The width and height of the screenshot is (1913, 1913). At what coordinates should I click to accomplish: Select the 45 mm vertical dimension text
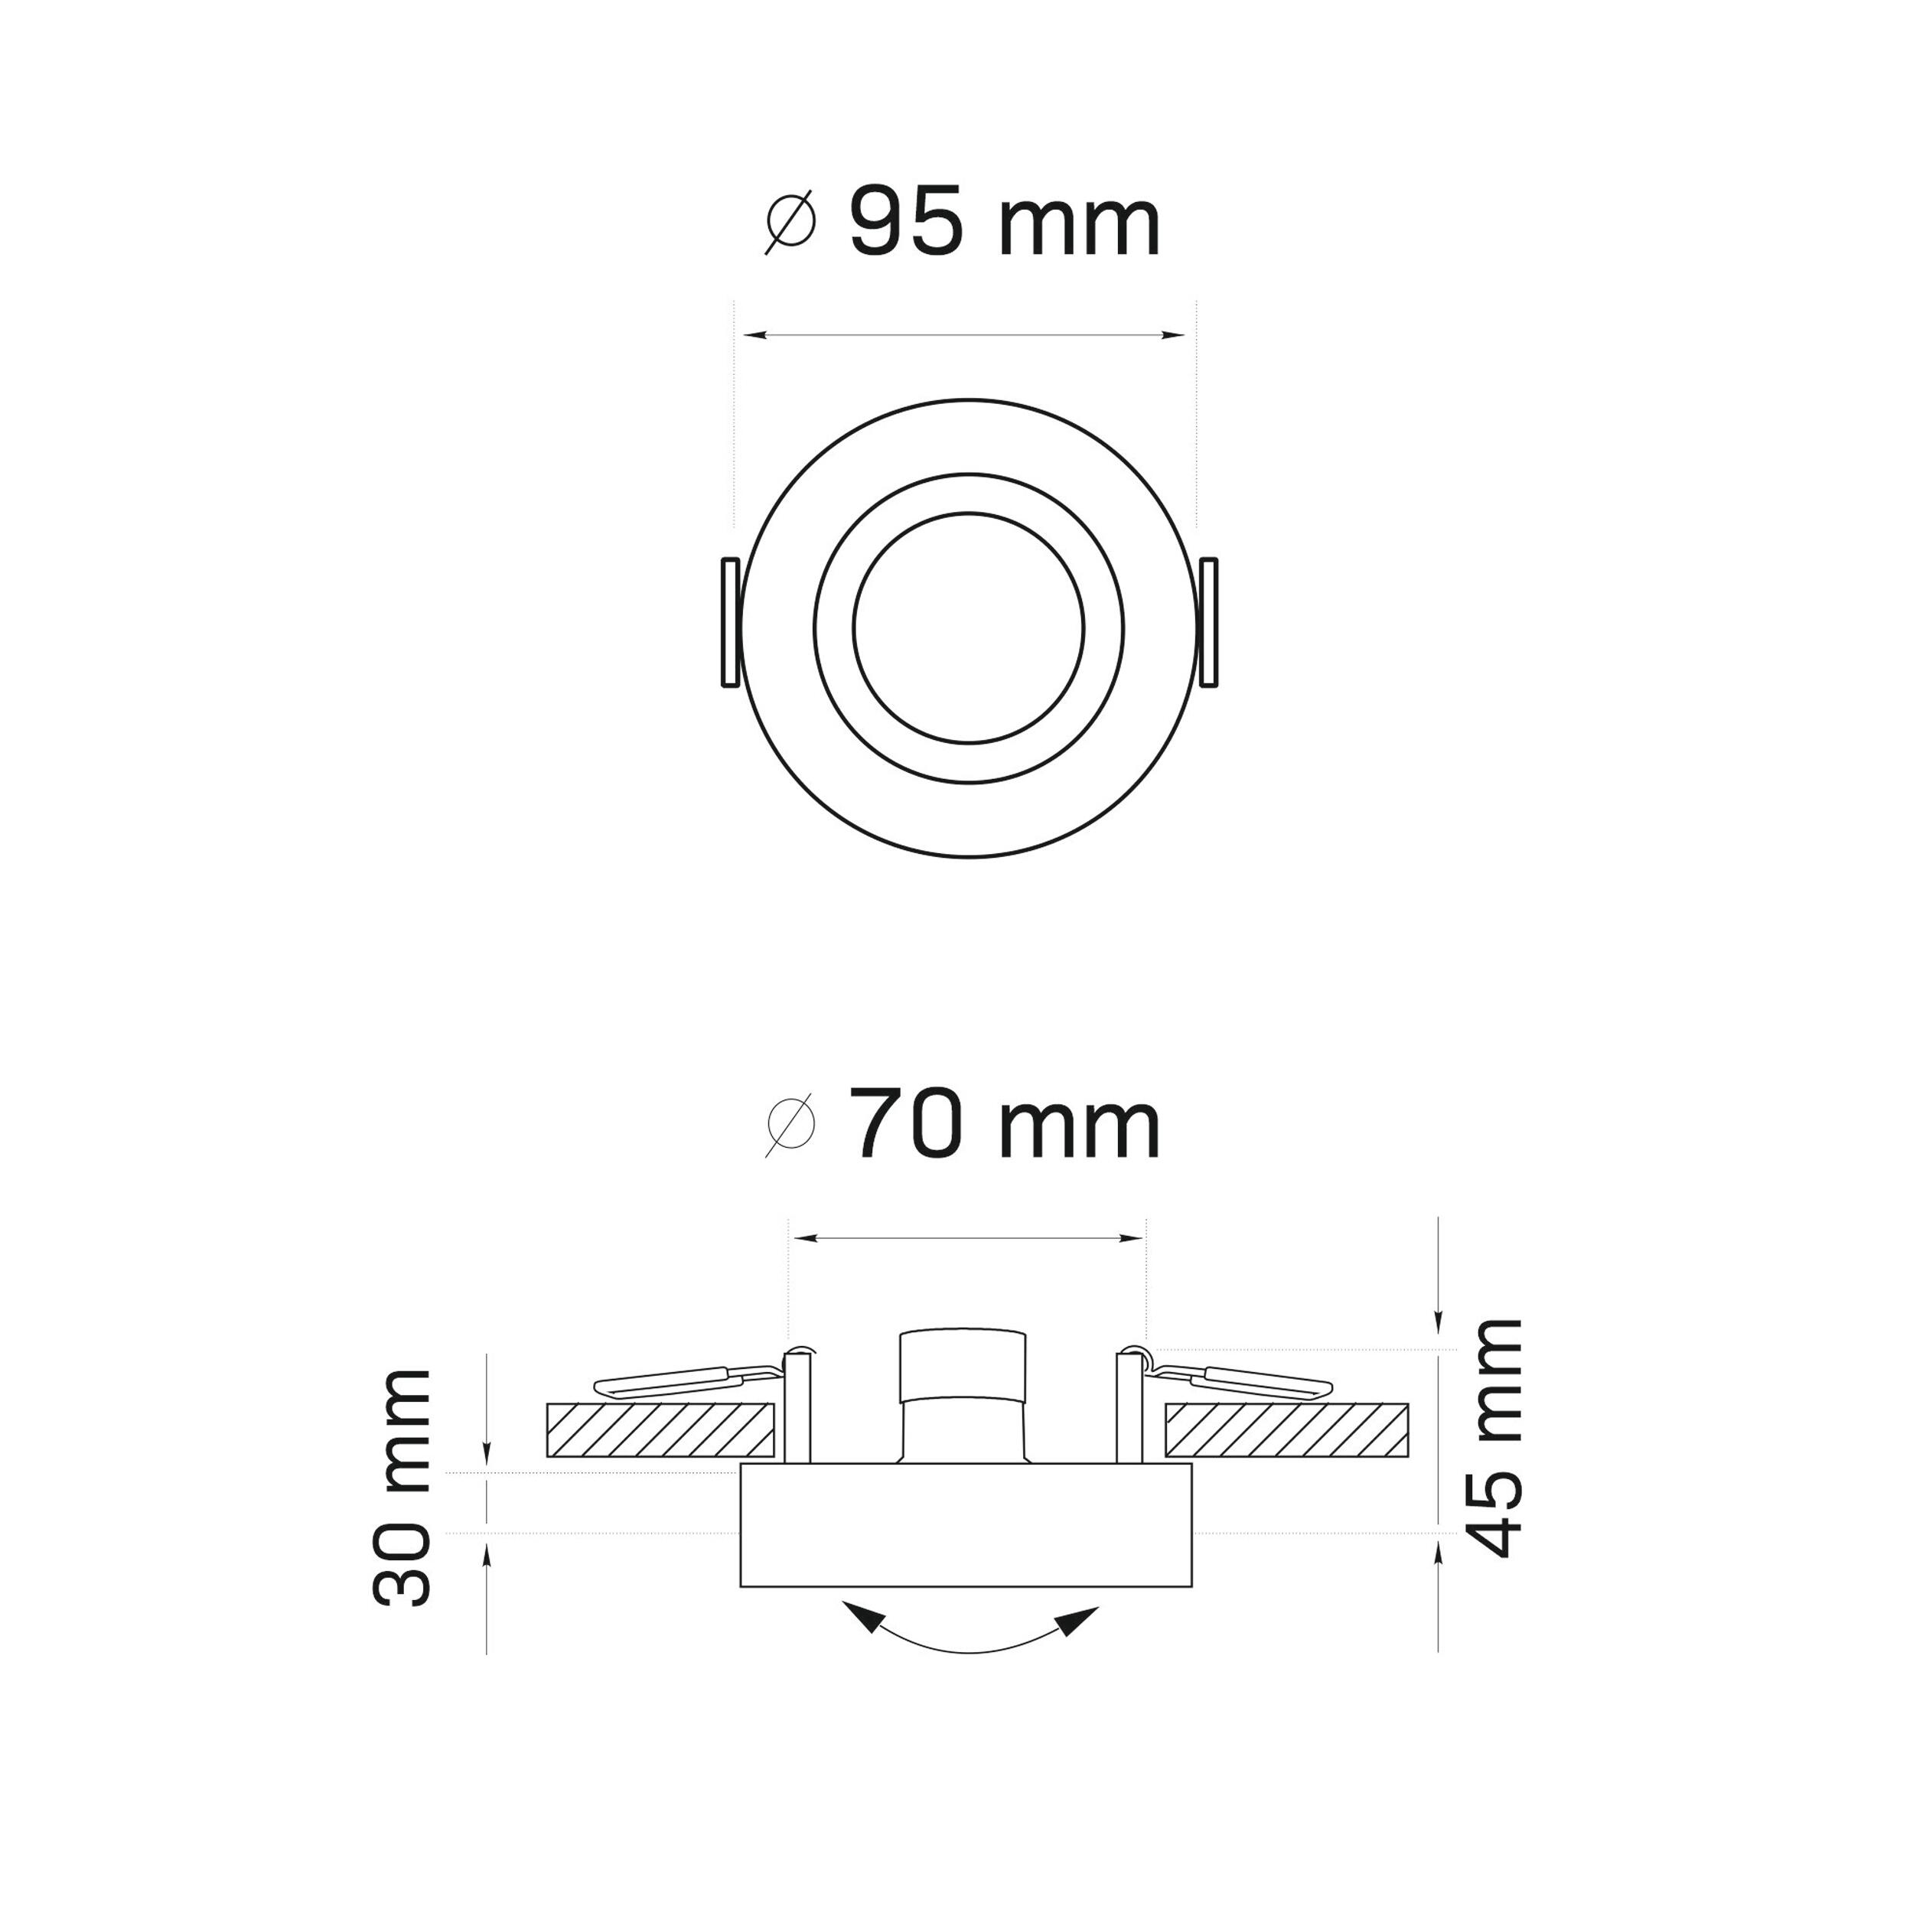point(1490,1438)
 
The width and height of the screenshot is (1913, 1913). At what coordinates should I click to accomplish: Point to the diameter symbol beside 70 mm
point(790,1127)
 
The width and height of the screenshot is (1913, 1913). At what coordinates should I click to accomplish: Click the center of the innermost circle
point(969,627)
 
